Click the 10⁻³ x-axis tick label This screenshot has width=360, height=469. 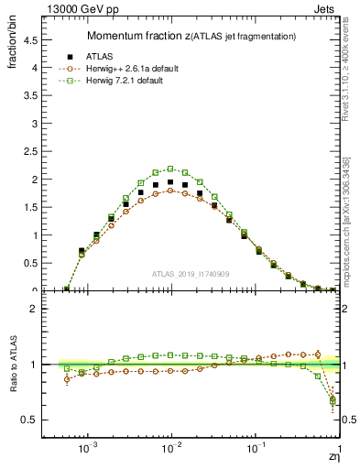(x=88, y=448)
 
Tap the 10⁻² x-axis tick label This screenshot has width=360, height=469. (x=171, y=448)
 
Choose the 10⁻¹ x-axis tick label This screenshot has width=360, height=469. (x=256, y=448)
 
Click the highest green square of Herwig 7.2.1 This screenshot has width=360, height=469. (x=170, y=169)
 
